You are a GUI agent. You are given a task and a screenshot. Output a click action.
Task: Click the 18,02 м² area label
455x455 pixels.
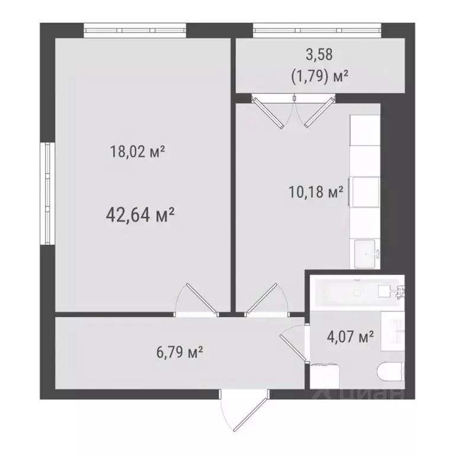click(x=137, y=152)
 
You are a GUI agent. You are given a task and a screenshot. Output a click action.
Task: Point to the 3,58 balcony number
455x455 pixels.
click(x=319, y=55)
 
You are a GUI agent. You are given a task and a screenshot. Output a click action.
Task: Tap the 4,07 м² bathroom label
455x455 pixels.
click(x=350, y=338)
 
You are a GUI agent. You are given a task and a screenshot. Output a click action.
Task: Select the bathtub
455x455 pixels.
click(x=354, y=291)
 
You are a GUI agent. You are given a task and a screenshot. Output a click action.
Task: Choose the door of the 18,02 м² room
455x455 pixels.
click(x=197, y=299)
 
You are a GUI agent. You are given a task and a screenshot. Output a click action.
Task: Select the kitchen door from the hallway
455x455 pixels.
click(x=265, y=300)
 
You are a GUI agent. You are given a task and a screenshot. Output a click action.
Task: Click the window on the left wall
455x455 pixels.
click(x=47, y=193)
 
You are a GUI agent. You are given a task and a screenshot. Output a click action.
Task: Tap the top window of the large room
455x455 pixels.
click(x=135, y=30)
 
